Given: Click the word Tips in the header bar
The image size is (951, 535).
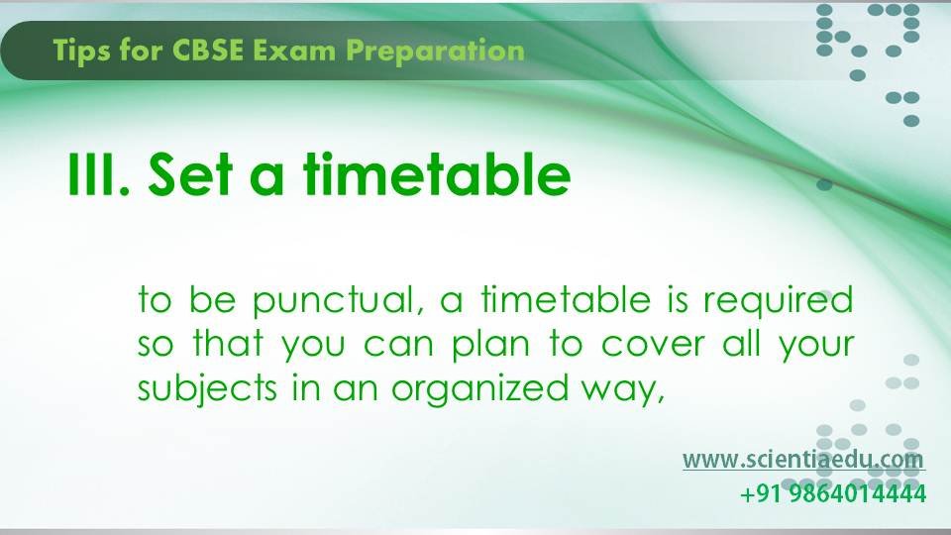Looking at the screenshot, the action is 80,51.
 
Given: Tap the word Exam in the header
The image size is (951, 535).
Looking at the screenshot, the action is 293,51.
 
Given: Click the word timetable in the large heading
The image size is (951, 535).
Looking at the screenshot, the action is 437,174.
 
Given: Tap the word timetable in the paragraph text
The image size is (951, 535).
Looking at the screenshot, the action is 566,299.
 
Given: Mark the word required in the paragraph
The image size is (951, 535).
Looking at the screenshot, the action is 779,301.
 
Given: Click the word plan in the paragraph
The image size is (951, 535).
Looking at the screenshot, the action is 490,345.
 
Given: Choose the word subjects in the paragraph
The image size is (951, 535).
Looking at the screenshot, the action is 207,389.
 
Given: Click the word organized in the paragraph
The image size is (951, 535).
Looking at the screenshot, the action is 479,389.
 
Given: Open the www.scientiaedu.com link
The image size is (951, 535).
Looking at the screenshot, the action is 803,459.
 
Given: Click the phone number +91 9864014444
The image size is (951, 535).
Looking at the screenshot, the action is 833,493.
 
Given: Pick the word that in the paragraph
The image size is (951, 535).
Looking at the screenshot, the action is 228,344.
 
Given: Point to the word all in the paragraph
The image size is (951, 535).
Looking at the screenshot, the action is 742,344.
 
